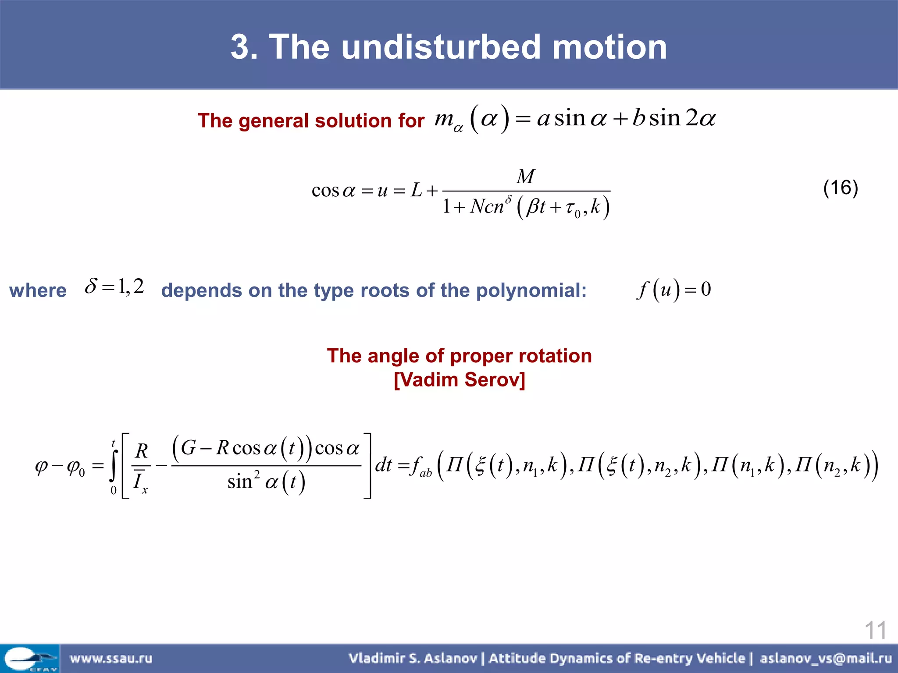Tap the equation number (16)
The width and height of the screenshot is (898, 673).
point(840,188)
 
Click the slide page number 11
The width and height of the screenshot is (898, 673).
point(875,630)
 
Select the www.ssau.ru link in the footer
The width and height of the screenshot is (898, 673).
point(111,658)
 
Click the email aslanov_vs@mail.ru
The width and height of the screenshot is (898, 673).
point(826,658)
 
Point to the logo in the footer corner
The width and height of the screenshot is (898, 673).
point(29,659)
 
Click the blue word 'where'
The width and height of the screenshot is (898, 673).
point(38,290)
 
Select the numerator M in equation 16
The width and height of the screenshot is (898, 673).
point(525,177)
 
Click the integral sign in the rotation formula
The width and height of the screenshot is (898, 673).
point(114,465)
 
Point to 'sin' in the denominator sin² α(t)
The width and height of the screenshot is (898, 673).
point(239,482)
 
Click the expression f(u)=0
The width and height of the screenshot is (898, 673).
point(674,290)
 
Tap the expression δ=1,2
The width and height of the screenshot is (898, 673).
point(114,287)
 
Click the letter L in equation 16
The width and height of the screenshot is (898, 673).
point(416,190)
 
